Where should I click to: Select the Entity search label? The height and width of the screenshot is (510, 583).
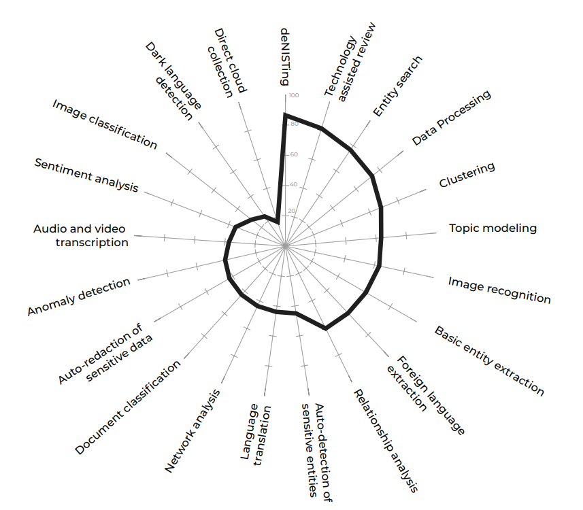point(397,86)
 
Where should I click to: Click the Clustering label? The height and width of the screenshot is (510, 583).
point(467,175)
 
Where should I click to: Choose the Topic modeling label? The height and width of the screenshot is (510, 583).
point(493,228)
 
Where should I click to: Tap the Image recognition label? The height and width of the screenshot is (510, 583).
point(499,289)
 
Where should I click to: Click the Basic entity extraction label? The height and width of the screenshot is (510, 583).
point(489,361)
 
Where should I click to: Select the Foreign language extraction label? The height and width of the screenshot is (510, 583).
point(426,395)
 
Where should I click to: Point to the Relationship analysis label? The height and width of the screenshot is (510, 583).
point(384,440)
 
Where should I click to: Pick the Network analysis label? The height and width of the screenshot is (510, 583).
point(193,431)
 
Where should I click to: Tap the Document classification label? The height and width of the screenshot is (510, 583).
point(128,407)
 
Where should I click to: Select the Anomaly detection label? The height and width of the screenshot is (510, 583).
point(79,297)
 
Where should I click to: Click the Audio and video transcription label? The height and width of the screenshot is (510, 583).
point(80,235)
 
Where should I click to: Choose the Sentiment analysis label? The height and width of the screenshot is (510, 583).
point(86,175)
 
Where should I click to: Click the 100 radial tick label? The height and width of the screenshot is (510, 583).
point(293,95)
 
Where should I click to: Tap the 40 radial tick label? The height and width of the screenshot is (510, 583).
point(293,184)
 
